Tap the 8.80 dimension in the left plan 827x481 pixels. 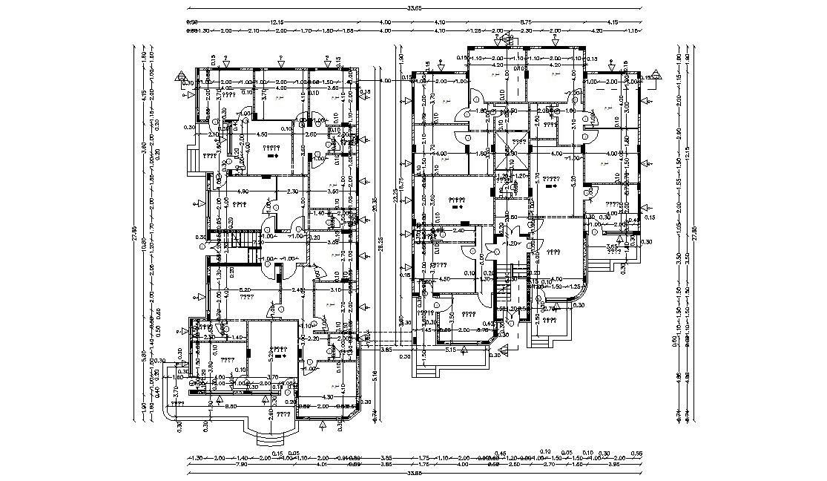tap(231, 407)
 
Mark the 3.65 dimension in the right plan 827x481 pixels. tap(613, 246)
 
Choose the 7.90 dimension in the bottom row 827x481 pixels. tap(221, 465)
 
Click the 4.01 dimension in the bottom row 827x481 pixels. tap(321, 465)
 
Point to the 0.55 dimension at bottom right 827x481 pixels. tap(636, 453)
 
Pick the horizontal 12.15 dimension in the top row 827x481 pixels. tap(277, 22)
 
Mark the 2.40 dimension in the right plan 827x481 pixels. tap(458, 231)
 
